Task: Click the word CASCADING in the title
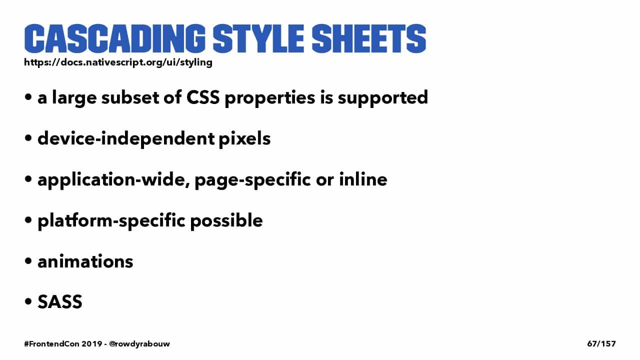coord(115,38)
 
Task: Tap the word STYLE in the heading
coord(258,38)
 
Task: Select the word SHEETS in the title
coord(369,38)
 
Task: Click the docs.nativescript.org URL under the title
coord(118,62)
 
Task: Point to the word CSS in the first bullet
coord(203,97)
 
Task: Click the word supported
coord(383,98)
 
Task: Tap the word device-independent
coord(126,139)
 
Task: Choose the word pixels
coord(244,139)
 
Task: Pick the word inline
coord(363,179)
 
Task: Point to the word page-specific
coord(252,180)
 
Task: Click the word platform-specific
coord(111,221)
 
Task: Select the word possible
coord(226,221)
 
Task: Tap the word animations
coord(85,261)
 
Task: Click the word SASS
coord(60,301)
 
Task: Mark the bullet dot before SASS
coord(28,301)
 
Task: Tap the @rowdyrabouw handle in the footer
coord(139,344)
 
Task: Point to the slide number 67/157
coord(601,343)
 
